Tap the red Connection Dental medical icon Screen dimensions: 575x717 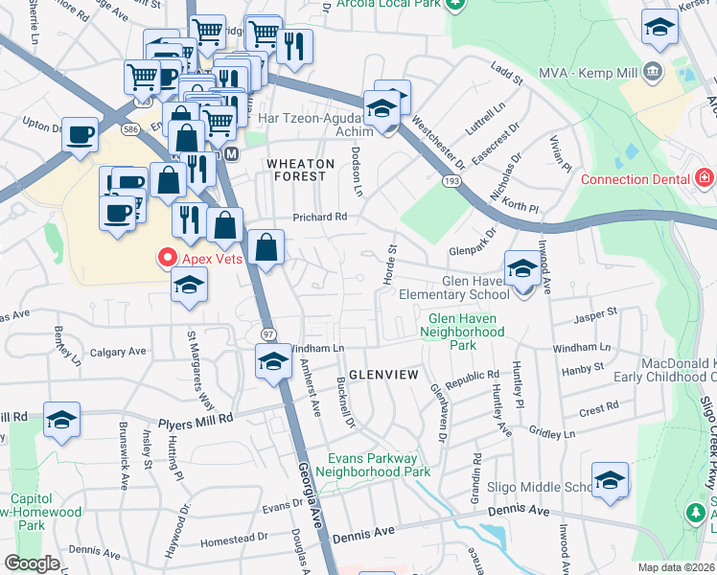[x=705, y=178]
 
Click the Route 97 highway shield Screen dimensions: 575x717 [x=268, y=333]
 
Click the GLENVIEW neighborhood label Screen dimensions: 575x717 [x=383, y=374]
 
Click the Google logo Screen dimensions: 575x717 [x=31, y=563]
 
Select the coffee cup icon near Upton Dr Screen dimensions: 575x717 [x=81, y=133]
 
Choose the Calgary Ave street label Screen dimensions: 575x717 [x=117, y=352]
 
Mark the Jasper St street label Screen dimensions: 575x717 [x=594, y=312]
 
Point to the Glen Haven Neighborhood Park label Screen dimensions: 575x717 [x=465, y=331]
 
